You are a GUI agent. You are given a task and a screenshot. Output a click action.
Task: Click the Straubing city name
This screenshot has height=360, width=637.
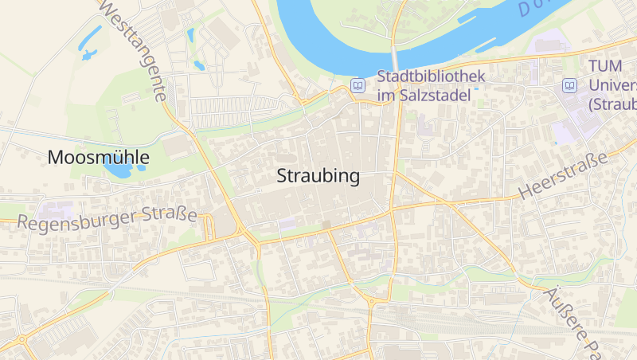(x=318, y=177)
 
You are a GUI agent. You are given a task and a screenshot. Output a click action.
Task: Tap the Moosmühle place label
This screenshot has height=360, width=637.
(x=98, y=157)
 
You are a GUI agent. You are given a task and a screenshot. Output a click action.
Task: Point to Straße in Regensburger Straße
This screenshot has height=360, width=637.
(x=169, y=213)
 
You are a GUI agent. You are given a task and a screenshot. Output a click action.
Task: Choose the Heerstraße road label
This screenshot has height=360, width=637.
(x=563, y=175)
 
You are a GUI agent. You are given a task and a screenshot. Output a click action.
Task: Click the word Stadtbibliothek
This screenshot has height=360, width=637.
(x=431, y=77)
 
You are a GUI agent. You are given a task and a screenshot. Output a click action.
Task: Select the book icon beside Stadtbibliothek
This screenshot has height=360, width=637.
(x=358, y=85)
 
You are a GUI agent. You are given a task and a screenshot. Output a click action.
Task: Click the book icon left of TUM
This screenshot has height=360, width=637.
(x=569, y=85)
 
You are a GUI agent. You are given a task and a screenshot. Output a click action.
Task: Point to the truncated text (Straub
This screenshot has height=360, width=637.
(x=612, y=104)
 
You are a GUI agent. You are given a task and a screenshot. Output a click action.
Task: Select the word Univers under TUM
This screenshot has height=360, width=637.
(x=613, y=85)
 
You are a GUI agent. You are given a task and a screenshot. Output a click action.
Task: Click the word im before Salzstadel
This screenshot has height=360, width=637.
(x=386, y=96)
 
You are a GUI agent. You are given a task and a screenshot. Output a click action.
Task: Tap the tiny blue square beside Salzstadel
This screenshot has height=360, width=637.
(x=477, y=89)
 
